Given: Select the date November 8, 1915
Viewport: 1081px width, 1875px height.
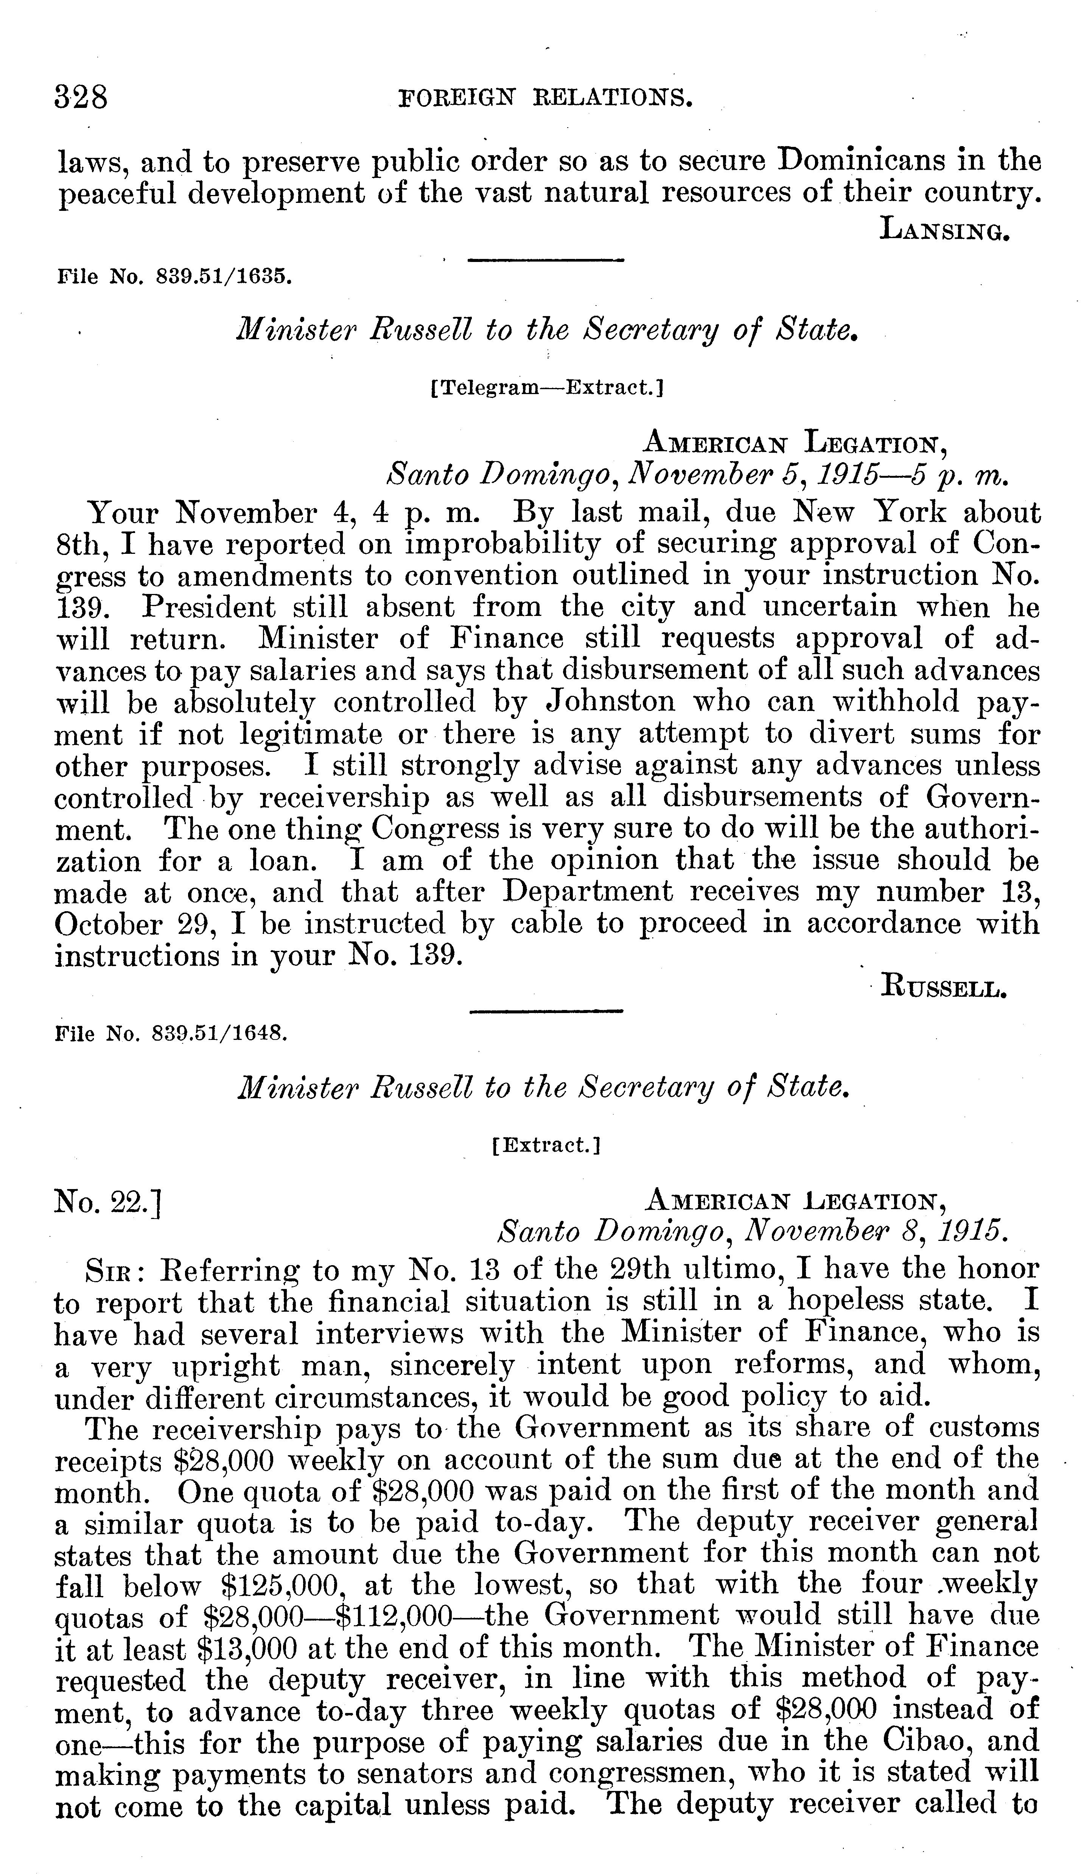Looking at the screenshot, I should coord(876,1233).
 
